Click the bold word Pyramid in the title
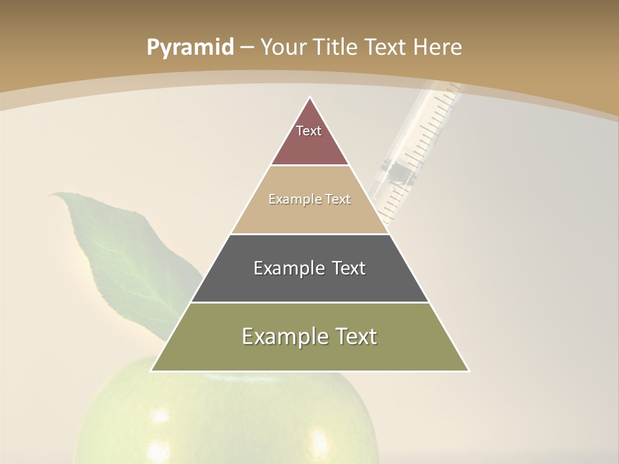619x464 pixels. pos(190,48)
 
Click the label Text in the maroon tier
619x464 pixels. pos(309,131)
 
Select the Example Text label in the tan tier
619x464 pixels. pos(309,200)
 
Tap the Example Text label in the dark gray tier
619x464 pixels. pos(309,268)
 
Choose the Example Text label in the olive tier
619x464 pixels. pos(309,336)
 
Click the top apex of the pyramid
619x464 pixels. pos(310,97)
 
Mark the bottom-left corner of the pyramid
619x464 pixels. pos(152,371)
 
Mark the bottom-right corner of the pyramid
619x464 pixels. pos(469,371)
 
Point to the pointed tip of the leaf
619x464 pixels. pos(52,193)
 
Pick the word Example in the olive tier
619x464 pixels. pos(281,336)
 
